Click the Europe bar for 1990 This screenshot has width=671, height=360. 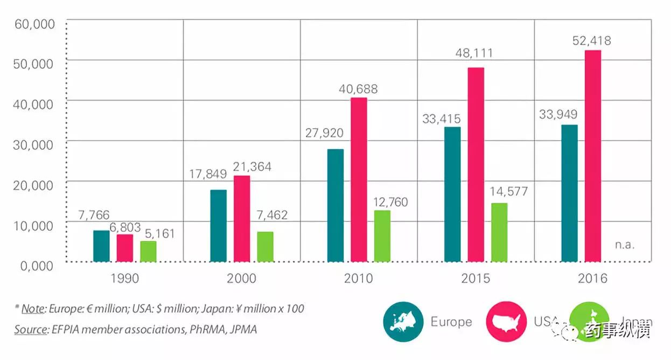(x=101, y=246)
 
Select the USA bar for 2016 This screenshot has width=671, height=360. (x=593, y=156)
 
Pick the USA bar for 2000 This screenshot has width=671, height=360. (x=242, y=219)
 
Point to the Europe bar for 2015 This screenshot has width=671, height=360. (x=452, y=195)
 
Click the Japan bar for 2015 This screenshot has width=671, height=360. (x=499, y=232)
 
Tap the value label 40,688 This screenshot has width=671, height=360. (x=359, y=89)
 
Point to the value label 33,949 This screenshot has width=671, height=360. (x=559, y=114)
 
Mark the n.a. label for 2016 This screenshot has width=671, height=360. (x=625, y=244)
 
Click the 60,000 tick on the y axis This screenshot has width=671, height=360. (x=33, y=24)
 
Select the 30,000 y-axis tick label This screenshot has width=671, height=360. (x=33, y=144)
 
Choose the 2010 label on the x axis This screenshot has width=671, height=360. (x=359, y=279)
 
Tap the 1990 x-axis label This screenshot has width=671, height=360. (x=124, y=279)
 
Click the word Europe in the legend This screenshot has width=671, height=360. (x=451, y=322)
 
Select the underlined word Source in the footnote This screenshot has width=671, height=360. (x=31, y=329)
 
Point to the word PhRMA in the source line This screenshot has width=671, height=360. (x=208, y=329)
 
